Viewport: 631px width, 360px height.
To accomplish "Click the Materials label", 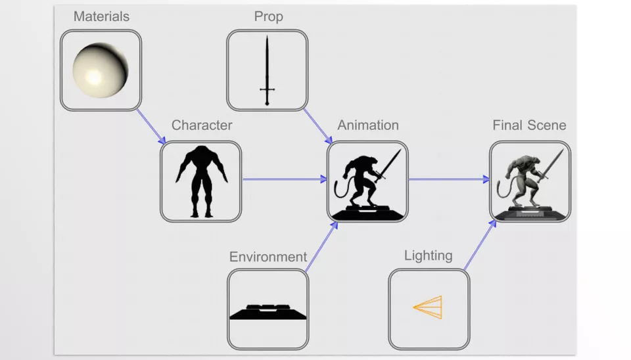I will click(101, 16).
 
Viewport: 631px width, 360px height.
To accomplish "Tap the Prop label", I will click(268, 16).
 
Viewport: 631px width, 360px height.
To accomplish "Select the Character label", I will click(202, 125).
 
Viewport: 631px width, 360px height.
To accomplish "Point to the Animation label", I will click(368, 125).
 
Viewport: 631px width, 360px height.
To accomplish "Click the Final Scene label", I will click(529, 125).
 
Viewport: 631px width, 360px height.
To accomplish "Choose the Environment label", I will click(268, 256).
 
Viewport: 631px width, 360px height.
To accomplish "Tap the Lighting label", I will click(428, 255).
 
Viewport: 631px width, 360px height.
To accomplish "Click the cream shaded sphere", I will click(100, 70).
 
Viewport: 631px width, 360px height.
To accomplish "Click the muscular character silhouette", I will click(201, 181).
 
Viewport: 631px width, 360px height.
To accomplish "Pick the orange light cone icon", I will click(428, 307).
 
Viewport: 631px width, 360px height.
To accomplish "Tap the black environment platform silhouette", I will click(268, 311).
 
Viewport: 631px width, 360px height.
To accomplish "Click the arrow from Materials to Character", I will click(151, 126).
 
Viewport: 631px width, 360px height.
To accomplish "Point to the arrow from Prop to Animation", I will click(317, 126).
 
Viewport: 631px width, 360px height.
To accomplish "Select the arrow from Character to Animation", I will click(284, 179).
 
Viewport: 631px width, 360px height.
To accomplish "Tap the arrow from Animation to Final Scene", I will click(449, 179).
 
